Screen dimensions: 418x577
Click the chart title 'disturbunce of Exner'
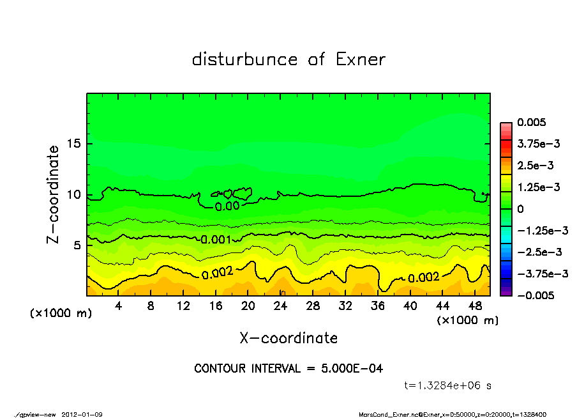click(288, 59)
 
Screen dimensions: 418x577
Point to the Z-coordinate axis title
click(54, 194)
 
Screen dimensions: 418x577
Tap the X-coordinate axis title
click(288, 338)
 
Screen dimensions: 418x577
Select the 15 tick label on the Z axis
click(74, 144)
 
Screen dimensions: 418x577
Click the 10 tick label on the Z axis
click(74, 195)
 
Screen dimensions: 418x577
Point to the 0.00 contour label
click(227, 206)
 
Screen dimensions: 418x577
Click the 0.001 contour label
click(216, 240)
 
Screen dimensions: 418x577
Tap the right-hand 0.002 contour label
click(424, 277)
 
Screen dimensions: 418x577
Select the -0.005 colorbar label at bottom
click(535, 295)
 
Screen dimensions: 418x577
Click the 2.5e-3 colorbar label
click(535, 166)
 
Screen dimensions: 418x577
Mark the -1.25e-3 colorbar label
click(543, 230)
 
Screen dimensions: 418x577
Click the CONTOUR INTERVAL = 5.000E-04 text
click(288, 369)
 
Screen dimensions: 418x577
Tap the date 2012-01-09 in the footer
click(82, 415)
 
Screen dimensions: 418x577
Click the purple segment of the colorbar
click(506, 291)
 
